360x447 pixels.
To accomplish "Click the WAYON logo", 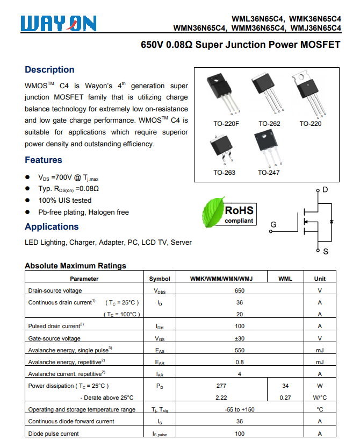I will pos(59,23).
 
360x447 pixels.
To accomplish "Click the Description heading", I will pos(49,70).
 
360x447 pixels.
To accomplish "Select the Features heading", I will pos(44,160).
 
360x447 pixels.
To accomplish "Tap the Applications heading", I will pos(52,227).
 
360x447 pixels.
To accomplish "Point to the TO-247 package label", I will pos(268,173).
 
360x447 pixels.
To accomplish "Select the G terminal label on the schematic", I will pos(273,224).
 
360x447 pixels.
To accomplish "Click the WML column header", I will pos(285,279).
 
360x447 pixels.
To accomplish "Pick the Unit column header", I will pos(320,279).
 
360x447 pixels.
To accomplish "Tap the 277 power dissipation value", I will pos(221,386).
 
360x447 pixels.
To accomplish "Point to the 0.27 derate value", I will pos(285,398).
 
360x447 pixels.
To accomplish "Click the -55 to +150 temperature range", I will pos(240,410).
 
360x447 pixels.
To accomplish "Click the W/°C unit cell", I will pos(320,398).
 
